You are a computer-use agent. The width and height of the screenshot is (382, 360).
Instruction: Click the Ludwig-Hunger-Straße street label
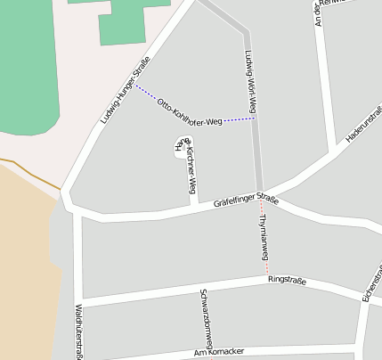tap(125, 90)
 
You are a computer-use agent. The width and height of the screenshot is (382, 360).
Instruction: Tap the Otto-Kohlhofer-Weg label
tap(189, 113)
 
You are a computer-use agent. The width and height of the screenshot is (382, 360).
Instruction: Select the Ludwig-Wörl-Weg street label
tap(251, 80)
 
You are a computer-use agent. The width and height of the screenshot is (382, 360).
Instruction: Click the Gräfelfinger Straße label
tap(246, 202)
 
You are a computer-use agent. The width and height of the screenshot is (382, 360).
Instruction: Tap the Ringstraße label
tap(287, 282)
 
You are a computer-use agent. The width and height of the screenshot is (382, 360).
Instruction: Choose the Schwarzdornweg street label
tap(207, 317)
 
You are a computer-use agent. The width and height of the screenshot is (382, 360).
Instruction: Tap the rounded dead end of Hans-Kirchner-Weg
tap(179, 147)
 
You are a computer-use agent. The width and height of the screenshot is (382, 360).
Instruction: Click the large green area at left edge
tap(27, 80)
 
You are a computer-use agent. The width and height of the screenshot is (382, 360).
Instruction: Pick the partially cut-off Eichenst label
tap(370, 284)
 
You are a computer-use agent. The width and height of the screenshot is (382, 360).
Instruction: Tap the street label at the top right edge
tap(319, 12)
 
